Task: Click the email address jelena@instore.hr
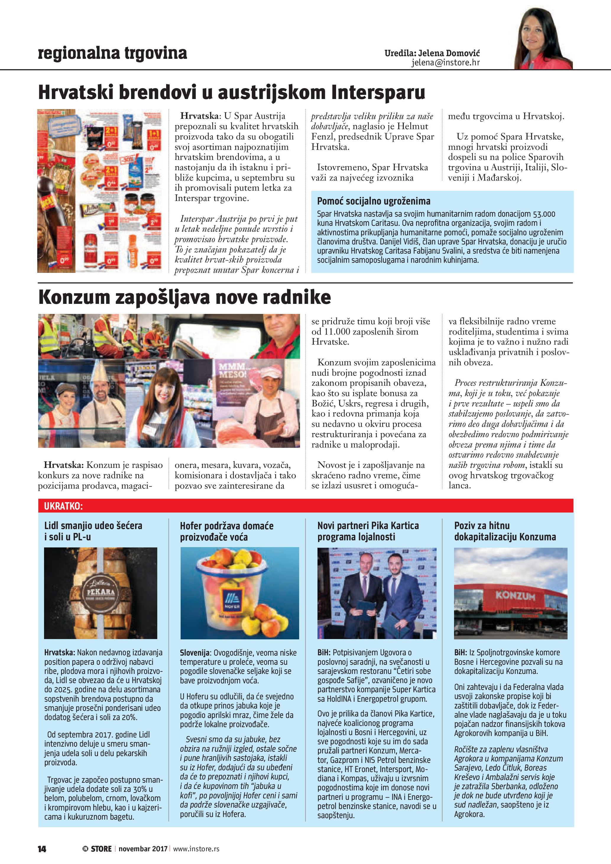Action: (445, 63)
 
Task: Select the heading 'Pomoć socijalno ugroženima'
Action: (374, 201)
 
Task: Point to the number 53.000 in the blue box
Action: (544, 214)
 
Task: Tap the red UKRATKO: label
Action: (63, 506)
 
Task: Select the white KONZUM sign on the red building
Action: (515, 596)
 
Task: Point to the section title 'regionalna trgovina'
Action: (113, 53)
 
